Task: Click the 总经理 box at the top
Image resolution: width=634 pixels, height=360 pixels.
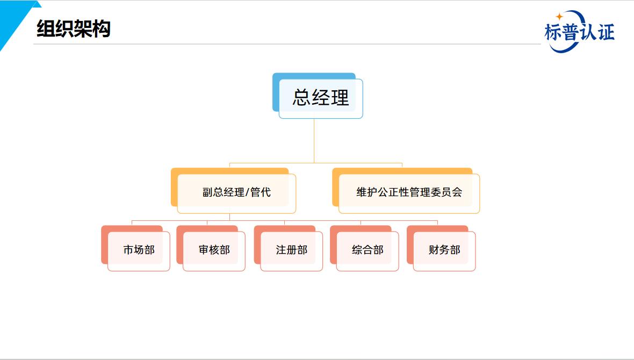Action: click(x=318, y=96)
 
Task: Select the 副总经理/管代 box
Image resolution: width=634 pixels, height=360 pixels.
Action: click(x=233, y=191)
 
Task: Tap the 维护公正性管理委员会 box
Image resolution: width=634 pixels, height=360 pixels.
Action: click(x=406, y=191)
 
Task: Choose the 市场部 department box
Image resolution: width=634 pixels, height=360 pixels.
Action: click(x=135, y=248)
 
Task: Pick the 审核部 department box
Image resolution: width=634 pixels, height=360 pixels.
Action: click(x=211, y=248)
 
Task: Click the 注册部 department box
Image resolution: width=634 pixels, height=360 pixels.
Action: click(x=289, y=248)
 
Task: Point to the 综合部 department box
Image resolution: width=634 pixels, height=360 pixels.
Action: click(x=364, y=248)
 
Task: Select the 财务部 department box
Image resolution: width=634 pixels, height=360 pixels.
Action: click(x=441, y=248)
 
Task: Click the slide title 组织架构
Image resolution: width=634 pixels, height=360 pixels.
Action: click(x=74, y=28)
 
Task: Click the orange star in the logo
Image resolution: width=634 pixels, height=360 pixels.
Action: click(x=559, y=17)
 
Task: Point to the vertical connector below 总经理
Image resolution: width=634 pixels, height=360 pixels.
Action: click(x=314, y=141)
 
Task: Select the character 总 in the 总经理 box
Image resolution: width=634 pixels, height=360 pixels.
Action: click(x=301, y=97)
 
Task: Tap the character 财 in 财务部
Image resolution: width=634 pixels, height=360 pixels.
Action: click(x=434, y=250)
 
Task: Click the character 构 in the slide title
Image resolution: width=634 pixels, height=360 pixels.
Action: click(x=102, y=28)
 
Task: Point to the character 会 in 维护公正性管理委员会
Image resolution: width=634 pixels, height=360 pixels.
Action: click(x=457, y=192)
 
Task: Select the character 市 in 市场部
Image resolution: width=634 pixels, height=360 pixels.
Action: click(x=128, y=250)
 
